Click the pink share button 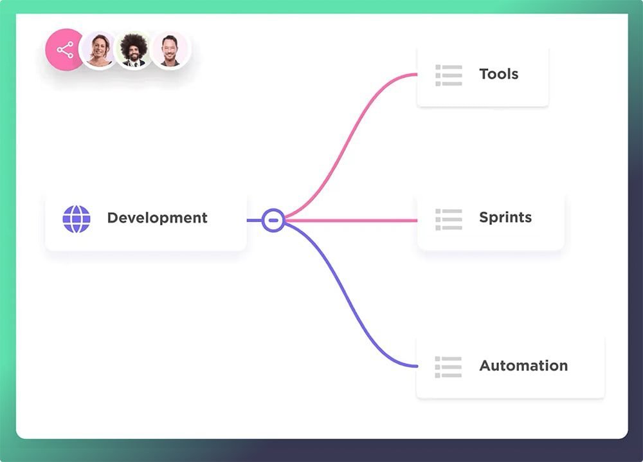click(x=64, y=50)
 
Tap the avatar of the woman click(x=99, y=50)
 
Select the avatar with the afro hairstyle click(x=134, y=50)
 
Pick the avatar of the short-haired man click(x=170, y=50)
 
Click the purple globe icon click(x=77, y=219)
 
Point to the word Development click(x=157, y=217)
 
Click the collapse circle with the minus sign click(x=273, y=220)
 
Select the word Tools click(x=499, y=74)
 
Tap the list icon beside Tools click(x=449, y=75)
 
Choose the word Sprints click(x=505, y=217)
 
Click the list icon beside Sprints click(x=449, y=219)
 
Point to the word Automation click(x=523, y=365)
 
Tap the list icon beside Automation click(x=448, y=367)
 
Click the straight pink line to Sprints click(x=351, y=220)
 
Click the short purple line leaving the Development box click(x=254, y=220)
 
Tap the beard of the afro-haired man click(x=134, y=58)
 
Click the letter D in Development click(x=113, y=217)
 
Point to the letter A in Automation click(x=486, y=365)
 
